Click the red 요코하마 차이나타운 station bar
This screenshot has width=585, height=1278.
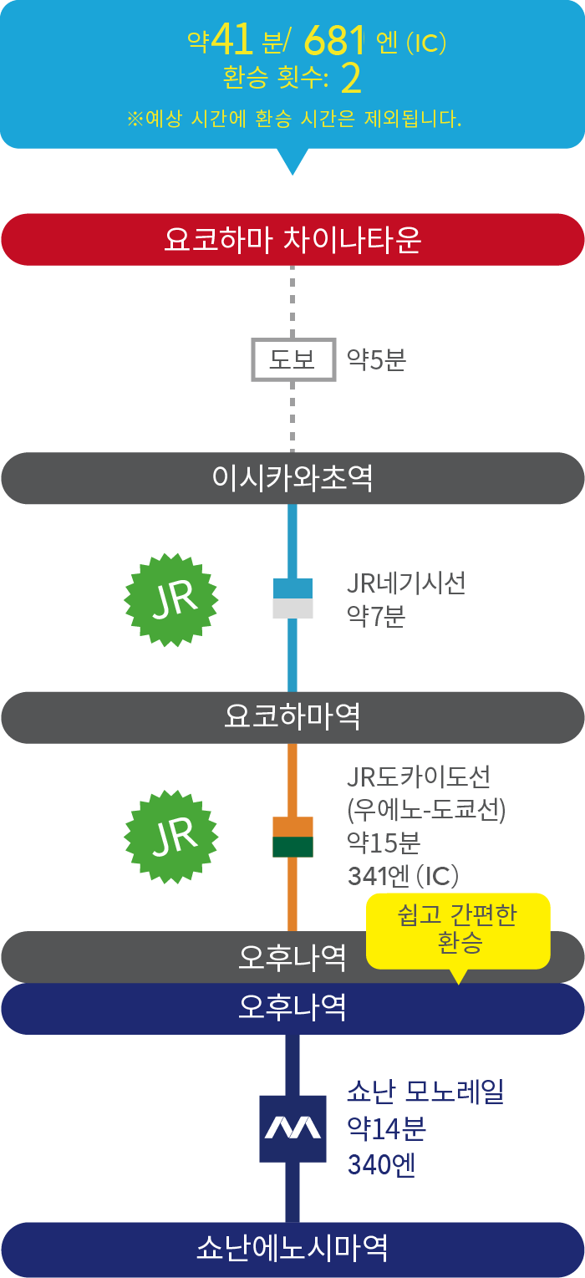(292, 240)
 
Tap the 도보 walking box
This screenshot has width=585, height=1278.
(293, 360)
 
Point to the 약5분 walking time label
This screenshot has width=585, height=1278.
(376, 360)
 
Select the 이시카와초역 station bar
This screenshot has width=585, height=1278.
(292, 479)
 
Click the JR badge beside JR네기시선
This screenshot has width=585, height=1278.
(171, 598)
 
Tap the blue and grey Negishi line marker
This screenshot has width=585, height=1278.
(292, 598)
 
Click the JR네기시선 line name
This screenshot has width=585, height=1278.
(406, 583)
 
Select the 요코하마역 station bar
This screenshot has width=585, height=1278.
(292, 718)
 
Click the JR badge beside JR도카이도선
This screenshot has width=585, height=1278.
(171, 837)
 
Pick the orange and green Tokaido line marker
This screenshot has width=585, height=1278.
(292, 837)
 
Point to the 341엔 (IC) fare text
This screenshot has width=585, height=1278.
(403, 876)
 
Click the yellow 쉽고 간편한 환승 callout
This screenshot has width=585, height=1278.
(460, 929)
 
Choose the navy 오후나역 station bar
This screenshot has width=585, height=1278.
(292, 1008)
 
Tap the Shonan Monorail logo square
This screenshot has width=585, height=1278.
(292, 1128)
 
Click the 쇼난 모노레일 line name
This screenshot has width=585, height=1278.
(425, 1092)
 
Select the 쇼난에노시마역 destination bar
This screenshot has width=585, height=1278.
(292, 1249)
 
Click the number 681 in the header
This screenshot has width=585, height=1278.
(335, 39)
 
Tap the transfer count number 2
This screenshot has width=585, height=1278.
(351, 79)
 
